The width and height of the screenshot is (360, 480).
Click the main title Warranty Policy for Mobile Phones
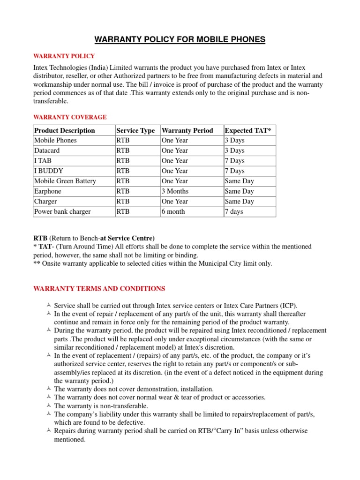click(180, 40)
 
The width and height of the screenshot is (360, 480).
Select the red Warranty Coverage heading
click(70, 117)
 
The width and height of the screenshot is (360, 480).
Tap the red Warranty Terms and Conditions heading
click(99, 288)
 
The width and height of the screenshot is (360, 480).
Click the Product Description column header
click(64, 130)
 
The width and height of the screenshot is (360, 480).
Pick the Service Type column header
click(135, 130)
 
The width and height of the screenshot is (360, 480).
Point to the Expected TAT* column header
click(248, 130)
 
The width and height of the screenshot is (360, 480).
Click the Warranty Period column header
click(187, 130)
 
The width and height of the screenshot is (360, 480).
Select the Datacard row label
click(47, 150)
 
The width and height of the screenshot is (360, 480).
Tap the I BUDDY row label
click(48, 171)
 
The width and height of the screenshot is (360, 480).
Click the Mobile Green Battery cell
click(65, 181)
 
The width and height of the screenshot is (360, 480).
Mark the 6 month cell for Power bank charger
click(173, 211)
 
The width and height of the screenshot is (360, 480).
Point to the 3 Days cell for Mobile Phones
click(234, 140)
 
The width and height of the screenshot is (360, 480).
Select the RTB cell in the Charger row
click(123, 202)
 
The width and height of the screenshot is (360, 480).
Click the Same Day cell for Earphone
click(239, 191)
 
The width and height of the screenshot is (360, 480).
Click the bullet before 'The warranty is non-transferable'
click(49, 405)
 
